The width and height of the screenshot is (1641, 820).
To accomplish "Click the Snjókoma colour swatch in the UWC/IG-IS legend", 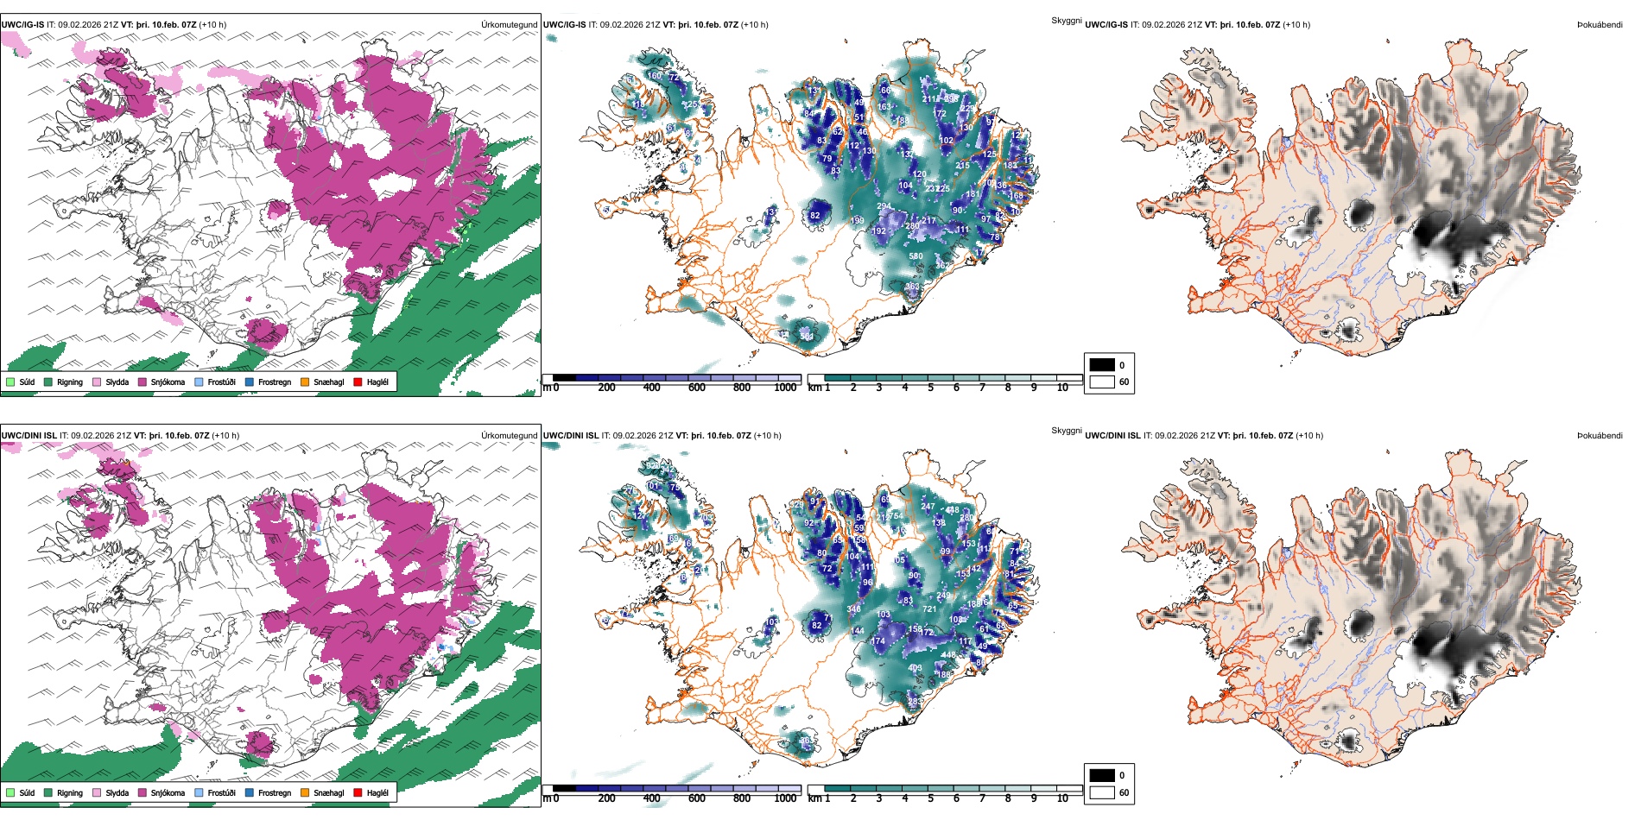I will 143,382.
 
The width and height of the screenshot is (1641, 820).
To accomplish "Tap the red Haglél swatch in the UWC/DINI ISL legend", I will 358,792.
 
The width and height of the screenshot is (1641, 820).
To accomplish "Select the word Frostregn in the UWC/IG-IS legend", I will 275,382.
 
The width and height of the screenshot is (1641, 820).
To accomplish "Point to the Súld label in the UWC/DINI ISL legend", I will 27,792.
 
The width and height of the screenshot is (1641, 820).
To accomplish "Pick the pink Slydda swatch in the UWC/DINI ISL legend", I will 97,792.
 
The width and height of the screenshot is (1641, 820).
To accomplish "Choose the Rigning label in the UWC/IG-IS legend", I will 70,382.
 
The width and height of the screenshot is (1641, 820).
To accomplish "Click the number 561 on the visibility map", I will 807,337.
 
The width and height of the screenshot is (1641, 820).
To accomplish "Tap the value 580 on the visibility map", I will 916,256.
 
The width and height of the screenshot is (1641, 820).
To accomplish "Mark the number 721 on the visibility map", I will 929,609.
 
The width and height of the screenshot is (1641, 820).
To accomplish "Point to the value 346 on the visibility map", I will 854,609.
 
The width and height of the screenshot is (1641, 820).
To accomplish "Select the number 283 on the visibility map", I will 915,703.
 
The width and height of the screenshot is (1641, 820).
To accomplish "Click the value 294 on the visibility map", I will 884,207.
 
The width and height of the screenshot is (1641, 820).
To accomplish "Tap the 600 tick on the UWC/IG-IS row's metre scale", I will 697,388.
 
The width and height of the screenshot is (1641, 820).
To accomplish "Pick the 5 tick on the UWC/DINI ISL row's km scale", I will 930,798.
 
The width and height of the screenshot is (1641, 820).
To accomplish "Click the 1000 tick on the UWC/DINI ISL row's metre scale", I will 785,798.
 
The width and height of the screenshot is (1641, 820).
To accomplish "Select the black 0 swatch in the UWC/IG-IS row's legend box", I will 1102,365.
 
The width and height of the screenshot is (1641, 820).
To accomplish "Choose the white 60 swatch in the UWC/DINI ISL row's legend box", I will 1102,792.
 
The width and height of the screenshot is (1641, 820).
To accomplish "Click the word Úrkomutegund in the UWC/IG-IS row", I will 510,24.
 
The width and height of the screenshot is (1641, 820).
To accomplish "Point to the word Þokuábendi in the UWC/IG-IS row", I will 1600,24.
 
